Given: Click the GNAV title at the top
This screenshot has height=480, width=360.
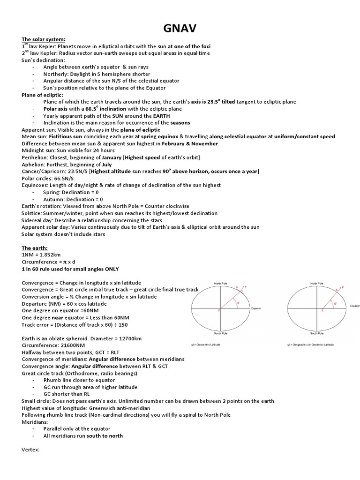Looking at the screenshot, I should point(180,29).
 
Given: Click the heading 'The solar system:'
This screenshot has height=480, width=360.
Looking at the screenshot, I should point(44,39).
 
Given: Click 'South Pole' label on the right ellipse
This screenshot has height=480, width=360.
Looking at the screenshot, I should point(317,334).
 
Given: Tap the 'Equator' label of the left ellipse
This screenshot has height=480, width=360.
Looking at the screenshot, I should point(256,308).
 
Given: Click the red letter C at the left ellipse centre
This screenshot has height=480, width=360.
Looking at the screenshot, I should point(219,310).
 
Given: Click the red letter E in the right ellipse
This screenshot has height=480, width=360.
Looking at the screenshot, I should point(322,310).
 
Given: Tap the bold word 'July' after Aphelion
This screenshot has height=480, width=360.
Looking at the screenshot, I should point(107,165).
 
